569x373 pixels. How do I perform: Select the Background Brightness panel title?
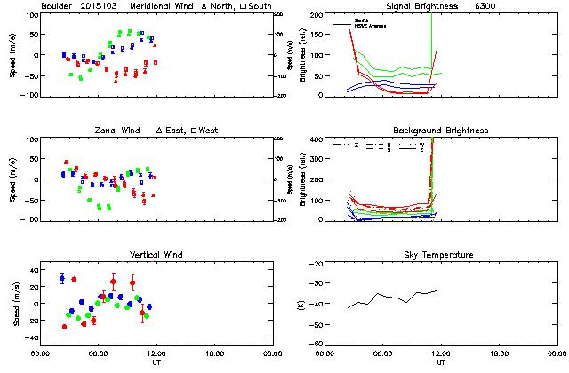pyautogui.click(x=441, y=131)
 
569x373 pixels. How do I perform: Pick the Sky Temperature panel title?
pyautogui.click(x=441, y=255)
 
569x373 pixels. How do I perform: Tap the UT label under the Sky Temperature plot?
pyautogui.click(x=441, y=362)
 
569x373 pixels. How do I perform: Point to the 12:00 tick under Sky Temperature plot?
pyautogui.click(x=441, y=353)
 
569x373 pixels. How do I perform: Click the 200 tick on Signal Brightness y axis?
pyautogui.click(x=317, y=16)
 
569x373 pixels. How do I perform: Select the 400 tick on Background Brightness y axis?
pyautogui.click(x=317, y=140)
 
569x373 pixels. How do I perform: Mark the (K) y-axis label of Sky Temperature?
pyautogui.click(x=303, y=305)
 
